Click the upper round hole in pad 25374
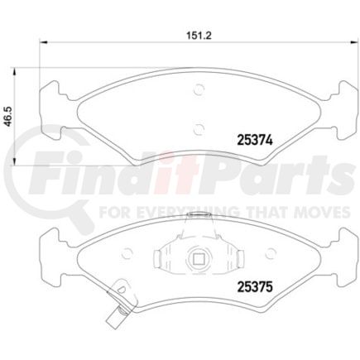pos(197,92)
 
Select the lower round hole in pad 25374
pos(197,127)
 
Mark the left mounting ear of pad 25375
pos(52,242)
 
